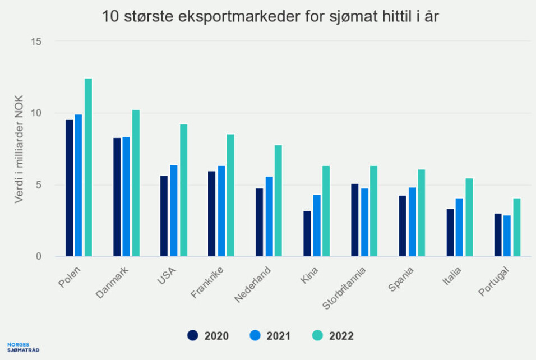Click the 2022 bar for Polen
tap(88, 167)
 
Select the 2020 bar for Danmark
tap(117, 197)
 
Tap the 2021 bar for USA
tap(174, 210)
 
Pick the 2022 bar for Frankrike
tap(230, 195)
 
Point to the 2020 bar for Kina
tap(307, 233)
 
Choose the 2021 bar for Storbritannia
tap(364, 222)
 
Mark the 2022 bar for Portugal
tap(516, 227)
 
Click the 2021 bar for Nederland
tap(269, 216)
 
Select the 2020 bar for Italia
tap(450, 233)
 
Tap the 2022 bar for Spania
tap(421, 213)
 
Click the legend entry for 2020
tap(208, 336)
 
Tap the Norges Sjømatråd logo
tap(24, 347)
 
